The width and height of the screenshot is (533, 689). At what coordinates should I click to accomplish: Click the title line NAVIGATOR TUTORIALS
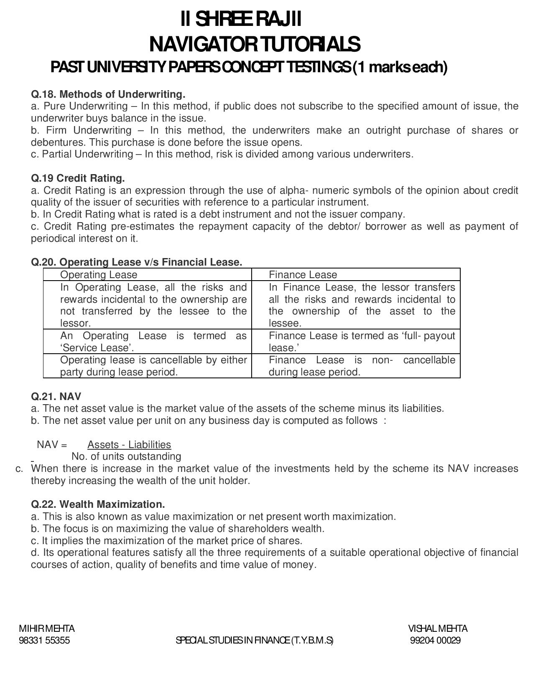(254, 44)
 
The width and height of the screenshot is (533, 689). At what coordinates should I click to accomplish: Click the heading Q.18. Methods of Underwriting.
(108, 94)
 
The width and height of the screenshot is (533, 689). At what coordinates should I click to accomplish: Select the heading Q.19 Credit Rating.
(78, 178)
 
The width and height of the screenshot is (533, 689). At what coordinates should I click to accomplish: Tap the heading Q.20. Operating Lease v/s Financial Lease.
(136, 262)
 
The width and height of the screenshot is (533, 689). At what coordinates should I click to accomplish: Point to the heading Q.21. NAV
(56, 396)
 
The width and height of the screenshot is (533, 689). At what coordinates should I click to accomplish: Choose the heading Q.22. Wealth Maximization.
(98, 504)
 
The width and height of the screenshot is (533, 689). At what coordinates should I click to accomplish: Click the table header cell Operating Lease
(99, 275)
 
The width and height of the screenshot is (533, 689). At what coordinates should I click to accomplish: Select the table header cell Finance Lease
(303, 275)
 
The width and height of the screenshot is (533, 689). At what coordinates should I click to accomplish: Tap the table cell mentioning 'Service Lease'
(153, 342)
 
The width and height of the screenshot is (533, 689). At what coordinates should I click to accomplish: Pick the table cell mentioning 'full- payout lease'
(362, 342)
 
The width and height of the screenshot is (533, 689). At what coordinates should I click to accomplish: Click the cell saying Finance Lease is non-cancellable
(362, 366)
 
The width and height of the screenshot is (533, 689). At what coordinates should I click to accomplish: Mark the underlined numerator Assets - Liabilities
(129, 445)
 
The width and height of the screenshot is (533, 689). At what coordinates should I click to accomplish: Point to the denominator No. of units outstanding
(126, 456)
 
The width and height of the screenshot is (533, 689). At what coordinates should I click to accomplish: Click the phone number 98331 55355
(44, 641)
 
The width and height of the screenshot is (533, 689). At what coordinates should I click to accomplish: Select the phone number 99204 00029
(435, 641)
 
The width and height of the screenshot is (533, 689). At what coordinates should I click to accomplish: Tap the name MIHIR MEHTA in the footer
(47, 628)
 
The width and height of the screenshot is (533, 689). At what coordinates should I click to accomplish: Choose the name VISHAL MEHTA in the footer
(438, 628)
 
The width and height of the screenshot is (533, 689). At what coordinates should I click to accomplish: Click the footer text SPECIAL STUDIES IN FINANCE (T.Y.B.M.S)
(255, 641)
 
